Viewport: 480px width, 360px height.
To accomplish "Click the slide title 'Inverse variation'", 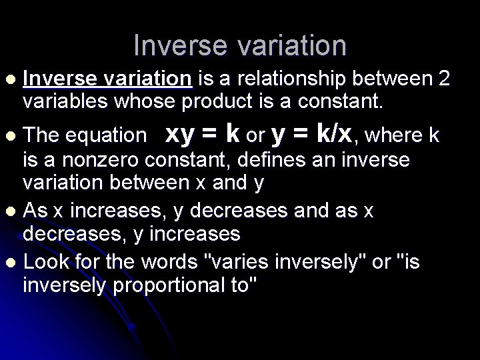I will (x=240, y=45).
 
